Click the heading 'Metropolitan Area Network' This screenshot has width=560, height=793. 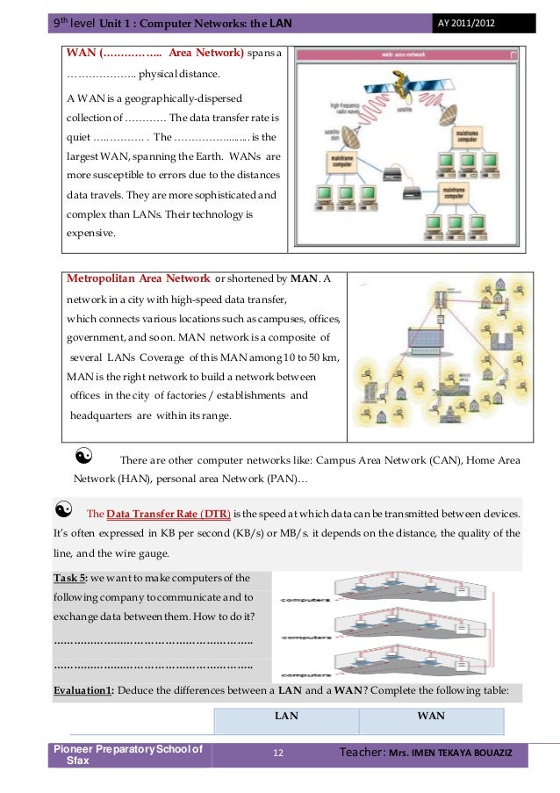138,279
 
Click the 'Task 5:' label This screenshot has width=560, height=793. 71,578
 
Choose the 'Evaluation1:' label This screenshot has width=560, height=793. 83,690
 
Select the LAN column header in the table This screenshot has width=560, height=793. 286,717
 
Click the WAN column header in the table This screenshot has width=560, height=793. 430,717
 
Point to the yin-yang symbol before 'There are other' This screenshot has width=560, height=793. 84,456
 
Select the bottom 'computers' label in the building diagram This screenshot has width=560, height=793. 305,674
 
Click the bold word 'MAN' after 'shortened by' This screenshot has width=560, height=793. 303,279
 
